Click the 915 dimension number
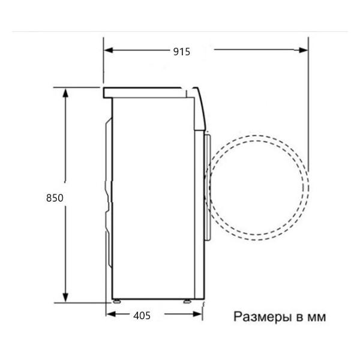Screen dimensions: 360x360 (181, 52)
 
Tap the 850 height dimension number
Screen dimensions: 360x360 (53, 197)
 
